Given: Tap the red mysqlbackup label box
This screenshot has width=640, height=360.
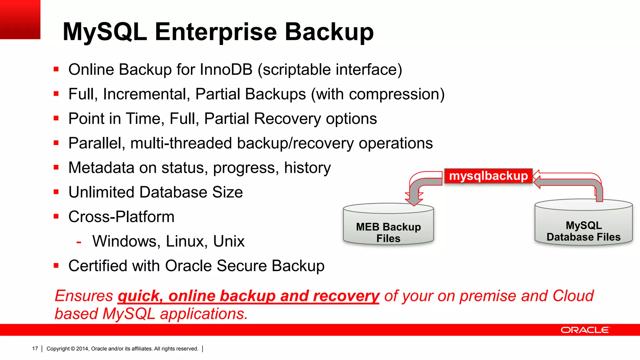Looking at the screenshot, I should (488, 176).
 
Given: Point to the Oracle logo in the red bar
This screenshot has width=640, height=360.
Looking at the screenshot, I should (585, 330).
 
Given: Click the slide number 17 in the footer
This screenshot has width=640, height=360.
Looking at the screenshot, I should (35, 349).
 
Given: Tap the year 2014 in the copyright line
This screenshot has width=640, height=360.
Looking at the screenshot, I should (82, 349).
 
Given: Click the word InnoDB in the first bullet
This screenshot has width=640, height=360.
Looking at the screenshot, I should (226, 69).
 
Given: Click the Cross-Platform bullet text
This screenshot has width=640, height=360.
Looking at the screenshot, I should (121, 217).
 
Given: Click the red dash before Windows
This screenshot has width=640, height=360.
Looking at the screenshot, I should (79, 242).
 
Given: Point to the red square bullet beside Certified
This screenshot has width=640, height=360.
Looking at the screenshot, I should (56, 266).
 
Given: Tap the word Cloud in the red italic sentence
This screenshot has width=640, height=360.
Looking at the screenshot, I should (573, 296).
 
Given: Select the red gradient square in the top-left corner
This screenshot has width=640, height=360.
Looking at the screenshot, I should (20, 19).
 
